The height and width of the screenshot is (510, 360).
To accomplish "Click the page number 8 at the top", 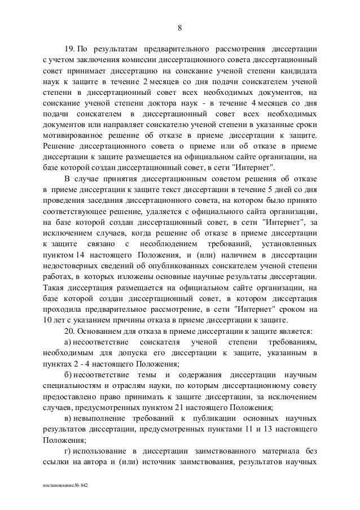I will click(179, 28).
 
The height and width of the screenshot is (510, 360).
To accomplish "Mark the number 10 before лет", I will click(48, 320).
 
